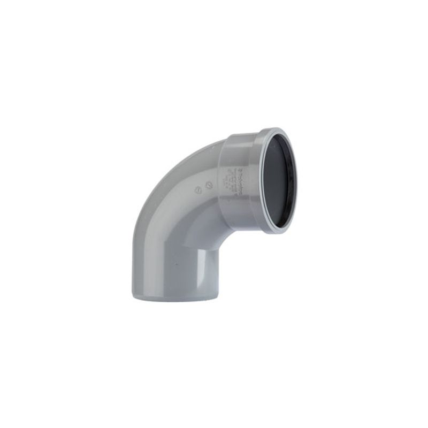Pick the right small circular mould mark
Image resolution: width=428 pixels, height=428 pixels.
209,185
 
